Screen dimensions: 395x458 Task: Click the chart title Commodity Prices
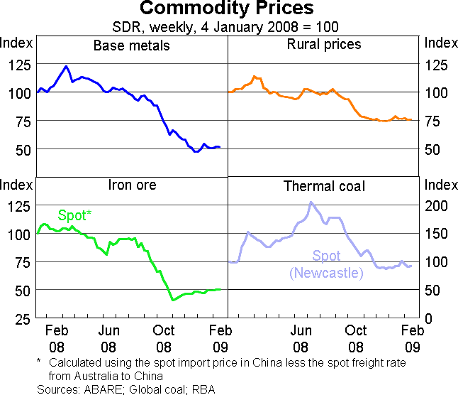tap(227, 9)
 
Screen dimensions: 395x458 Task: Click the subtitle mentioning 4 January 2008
tap(227, 28)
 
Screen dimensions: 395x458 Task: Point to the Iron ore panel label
tap(132, 185)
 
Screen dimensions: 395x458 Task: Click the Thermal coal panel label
tap(325, 186)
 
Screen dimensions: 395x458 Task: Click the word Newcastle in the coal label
tap(327, 273)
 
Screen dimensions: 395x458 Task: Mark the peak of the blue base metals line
tap(66, 67)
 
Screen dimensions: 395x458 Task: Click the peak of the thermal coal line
tap(311, 202)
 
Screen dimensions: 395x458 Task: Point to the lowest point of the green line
tap(173, 301)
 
